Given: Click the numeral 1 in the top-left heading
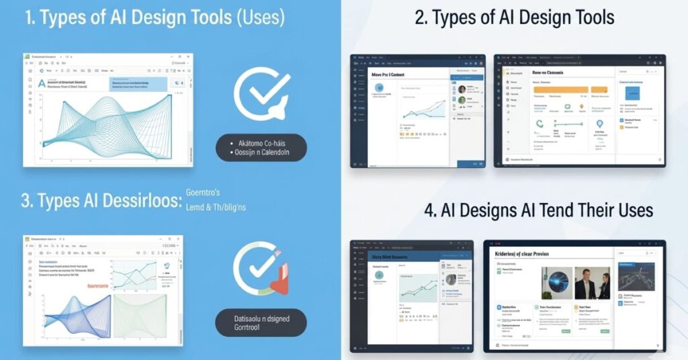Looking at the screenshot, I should coord(30,18).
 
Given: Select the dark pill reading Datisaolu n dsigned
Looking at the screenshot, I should coord(261,322).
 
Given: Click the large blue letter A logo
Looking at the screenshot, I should coord(42,84).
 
